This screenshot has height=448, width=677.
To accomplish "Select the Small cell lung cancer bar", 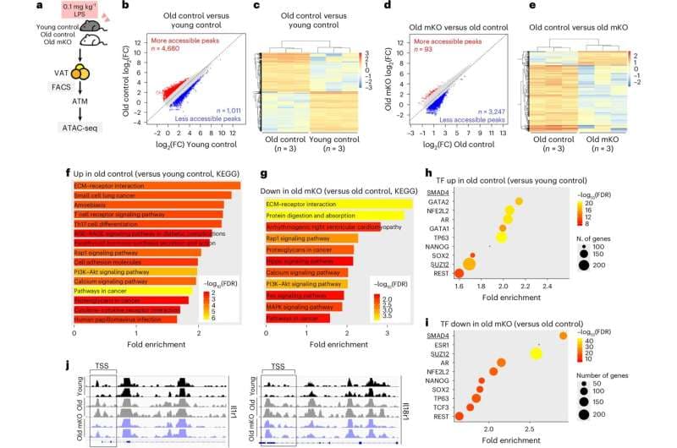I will [151, 197].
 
